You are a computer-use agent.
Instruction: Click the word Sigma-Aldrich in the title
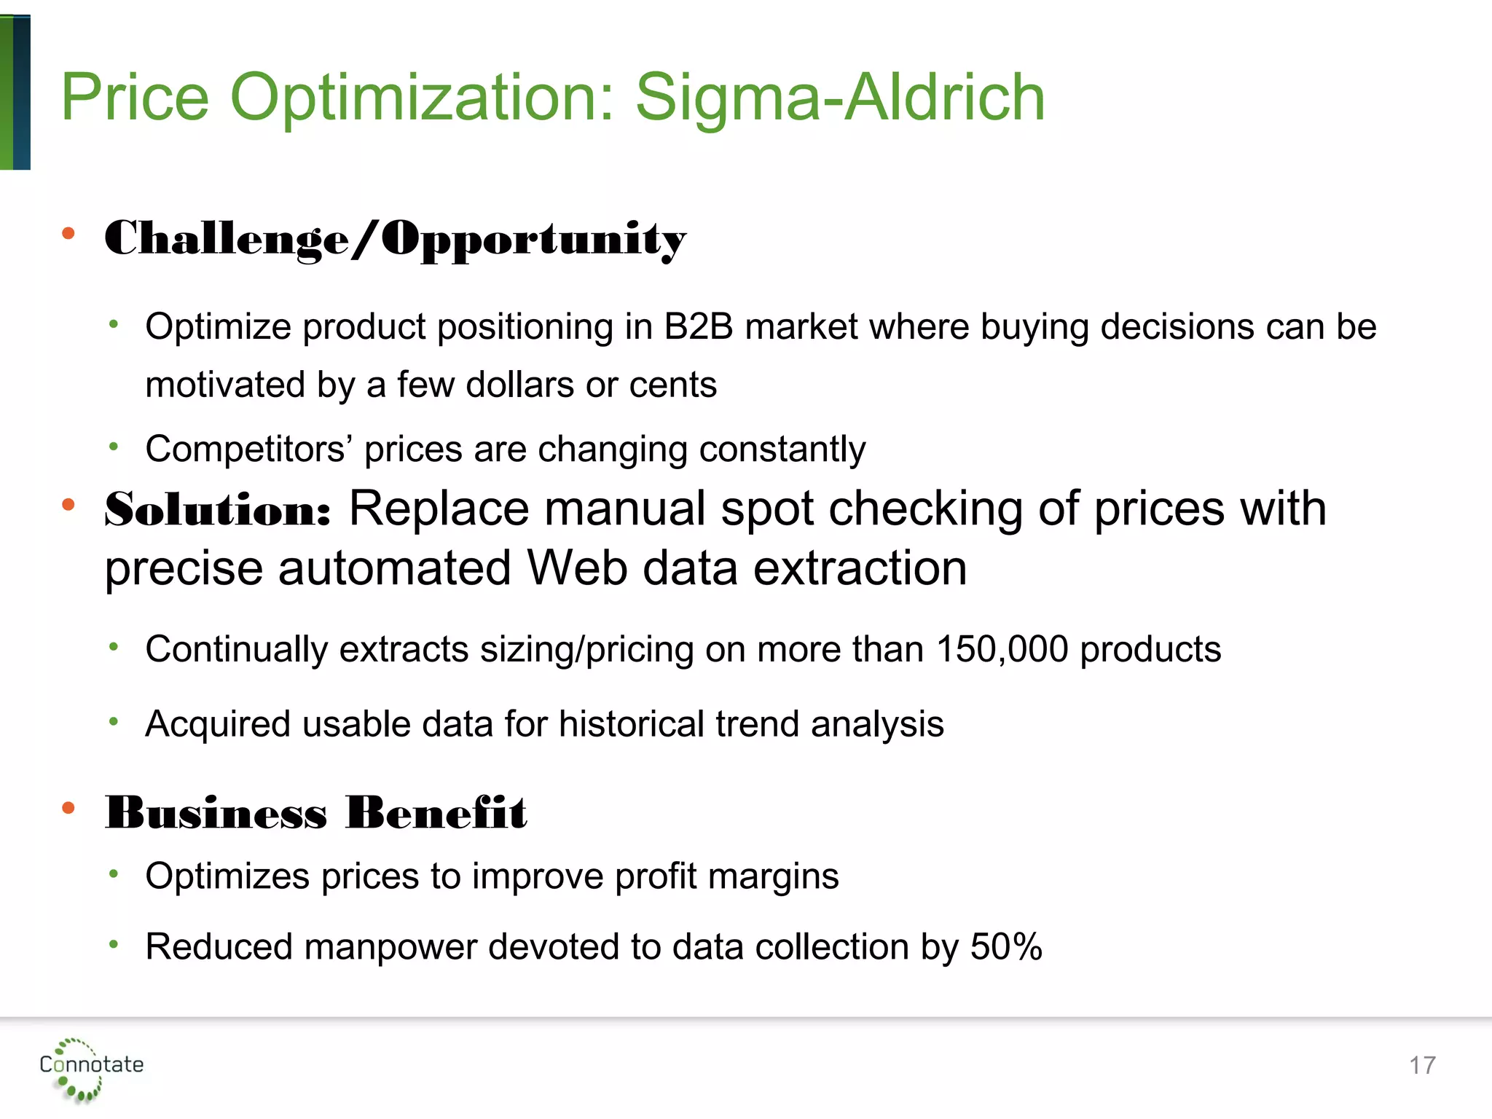pyautogui.click(x=840, y=98)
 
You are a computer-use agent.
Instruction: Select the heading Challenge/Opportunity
pyautogui.click(x=395, y=239)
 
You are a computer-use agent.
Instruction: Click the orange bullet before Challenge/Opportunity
pyautogui.click(x=68, y=233)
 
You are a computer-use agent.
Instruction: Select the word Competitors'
pyautogui.click(x=248, y=449)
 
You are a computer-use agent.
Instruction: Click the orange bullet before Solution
pyautogui.click(x=68, y=504)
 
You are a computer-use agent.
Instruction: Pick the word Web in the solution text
pyautogui.click(x=576, y=568)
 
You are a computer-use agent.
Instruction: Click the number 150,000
pyautogui.click(x=1002, y=648)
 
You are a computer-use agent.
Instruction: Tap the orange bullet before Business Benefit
pyautogui.click(x=68, y=807)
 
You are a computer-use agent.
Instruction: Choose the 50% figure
pyautogui.click(x=1005, y=946)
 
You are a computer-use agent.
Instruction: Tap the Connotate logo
pyautogui.click(x=90, y=1069)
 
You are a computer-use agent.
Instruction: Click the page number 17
pyautogui.click(x=1421, y=1066)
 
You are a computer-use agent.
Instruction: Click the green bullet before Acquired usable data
pyautogui.click(x=114, y=721)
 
